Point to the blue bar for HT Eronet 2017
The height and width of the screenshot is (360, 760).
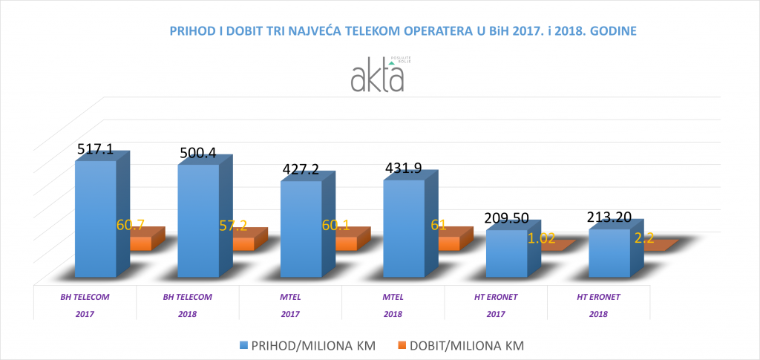[x=506, y=252]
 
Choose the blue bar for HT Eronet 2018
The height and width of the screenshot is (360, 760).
[x=609, y=252]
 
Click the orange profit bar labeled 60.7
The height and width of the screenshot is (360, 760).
[x=140, y=243]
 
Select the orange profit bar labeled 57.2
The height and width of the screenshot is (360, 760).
[x=243, y=244]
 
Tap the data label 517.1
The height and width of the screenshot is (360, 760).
[x=96, y=149]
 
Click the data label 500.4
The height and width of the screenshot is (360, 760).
[x=199, y=154]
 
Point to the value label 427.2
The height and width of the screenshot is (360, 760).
[x=301, y=169]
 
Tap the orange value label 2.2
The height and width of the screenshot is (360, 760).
[x=644, y=238]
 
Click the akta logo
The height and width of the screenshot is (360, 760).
[x=379, y=75]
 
